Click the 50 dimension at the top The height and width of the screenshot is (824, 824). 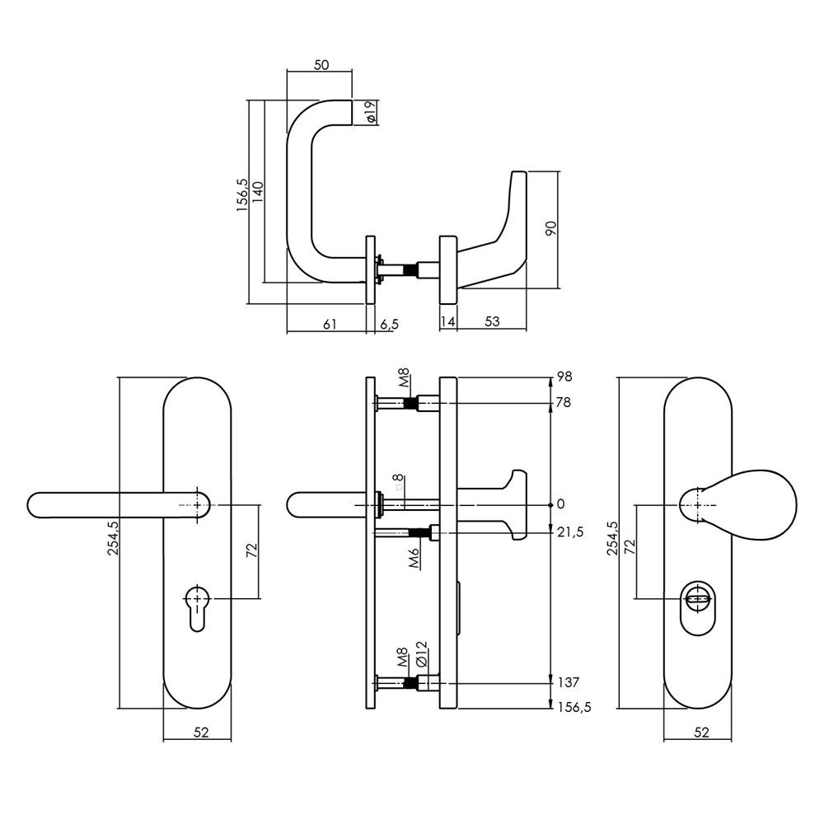click(x=321, y=65)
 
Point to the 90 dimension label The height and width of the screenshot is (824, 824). click(x=550, y=228)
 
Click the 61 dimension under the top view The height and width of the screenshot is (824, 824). click(x=329, y=324)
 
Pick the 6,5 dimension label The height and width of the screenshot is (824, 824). click(x=389, y=325)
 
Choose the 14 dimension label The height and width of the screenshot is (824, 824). click(x=447, y=321)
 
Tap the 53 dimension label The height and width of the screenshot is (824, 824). click(x=492, y=321)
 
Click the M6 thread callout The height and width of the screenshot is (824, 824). click(x=414, y=557)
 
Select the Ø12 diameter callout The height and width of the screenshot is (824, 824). click(x=421, y=654)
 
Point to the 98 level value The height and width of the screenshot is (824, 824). click(x=564, y=377)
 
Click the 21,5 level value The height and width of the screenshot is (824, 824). click(x=570, y=532)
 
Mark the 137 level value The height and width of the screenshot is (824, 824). click(x=568, y=682)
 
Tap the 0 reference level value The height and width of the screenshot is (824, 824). click(x=560, y=504)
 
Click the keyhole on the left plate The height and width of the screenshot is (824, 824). click(x=197, y=607)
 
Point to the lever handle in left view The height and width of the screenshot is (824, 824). click(x=118, y=505)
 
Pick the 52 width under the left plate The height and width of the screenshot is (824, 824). click(x=201, y=732)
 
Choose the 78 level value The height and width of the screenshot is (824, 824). click(x=564, y=403)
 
